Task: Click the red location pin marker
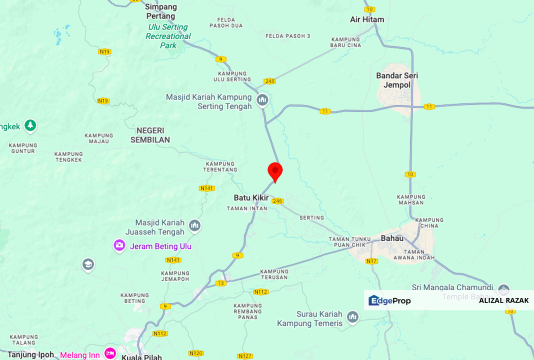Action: click(x=275, y=172)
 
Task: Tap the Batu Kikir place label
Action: click(x=251, y=197)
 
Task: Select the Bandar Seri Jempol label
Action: click(x=397, y=80)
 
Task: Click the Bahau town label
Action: click(x=392, y=238)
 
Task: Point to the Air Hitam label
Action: click(x=367, y=19)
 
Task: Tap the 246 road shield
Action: click(x=277, y=201)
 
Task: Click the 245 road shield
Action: click(x=270, y=81)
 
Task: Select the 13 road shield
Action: click(x=221, y=283)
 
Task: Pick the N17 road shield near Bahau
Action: click(x=371, y=261)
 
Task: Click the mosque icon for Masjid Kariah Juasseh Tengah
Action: click(x=195, y=226)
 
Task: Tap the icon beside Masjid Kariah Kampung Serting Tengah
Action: click(x=262, y=100)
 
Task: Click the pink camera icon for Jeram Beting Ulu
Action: click(x=119, y=245)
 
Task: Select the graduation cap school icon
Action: click(x=88, y=264)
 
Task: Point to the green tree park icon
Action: click(x=30, y=125)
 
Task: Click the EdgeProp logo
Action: click(x=389, y=300)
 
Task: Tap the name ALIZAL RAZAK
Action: click(x=503, y=300)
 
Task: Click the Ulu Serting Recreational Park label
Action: click(x=168, y=36)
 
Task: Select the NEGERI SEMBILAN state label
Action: click(x=150, y=135)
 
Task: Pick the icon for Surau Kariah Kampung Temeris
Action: click(x=353, y=317)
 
